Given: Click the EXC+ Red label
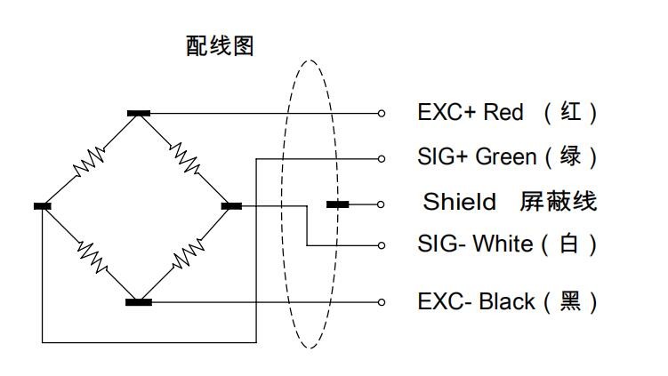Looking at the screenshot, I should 471,113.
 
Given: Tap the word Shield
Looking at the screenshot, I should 459,202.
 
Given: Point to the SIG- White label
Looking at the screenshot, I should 475,244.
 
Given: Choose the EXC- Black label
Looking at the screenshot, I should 476,301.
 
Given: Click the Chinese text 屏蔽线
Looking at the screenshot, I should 558,202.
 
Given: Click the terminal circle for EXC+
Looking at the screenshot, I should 382,113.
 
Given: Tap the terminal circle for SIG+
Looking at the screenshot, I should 382,158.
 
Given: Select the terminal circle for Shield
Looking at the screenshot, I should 382,204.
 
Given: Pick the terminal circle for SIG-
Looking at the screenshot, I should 382,244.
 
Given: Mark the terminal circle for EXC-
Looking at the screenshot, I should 382,302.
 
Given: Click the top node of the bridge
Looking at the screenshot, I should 138,113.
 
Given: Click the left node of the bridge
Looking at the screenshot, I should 43,205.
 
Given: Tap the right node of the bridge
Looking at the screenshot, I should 231,205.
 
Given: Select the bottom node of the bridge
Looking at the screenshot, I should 138,302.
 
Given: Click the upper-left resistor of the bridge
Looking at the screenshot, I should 91,160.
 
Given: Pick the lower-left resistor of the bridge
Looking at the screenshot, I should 91,252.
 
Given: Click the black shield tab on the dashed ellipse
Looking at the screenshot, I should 337,204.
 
